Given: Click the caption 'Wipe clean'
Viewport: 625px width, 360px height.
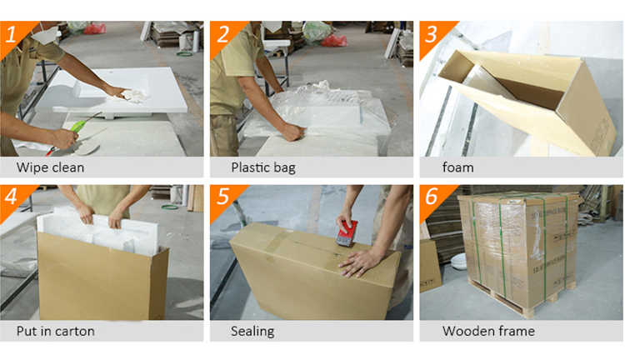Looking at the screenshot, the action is (x=50, y=167).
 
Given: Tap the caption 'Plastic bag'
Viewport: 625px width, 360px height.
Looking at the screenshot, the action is (x=263, y=167).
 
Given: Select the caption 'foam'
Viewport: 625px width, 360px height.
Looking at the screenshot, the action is (x=458, y=167).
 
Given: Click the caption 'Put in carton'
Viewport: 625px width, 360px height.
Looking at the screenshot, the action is (x=55, y=331).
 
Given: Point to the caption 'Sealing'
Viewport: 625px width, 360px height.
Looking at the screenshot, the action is (x=252, y=332).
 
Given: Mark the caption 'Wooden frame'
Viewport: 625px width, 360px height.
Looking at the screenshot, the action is (x=488, y=331).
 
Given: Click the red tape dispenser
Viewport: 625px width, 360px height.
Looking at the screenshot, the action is (x=347, y=233).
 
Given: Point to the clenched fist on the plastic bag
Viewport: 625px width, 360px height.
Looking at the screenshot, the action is (x=293, y=132).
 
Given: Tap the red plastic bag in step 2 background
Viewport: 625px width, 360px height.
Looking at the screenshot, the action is (x=334, y=40).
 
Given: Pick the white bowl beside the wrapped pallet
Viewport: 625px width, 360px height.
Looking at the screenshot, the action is (x=459, y=261).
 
